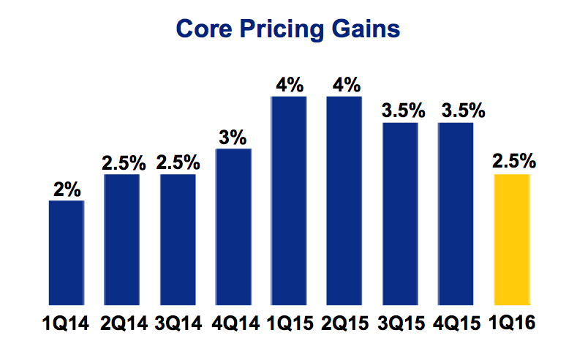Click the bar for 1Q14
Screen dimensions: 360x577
click(x=67, y=252)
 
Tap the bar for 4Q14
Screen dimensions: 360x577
click(x=233, y=227)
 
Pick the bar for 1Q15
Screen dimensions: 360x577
click(x=289, y=200)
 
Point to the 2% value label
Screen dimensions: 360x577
click(x=67, y=190)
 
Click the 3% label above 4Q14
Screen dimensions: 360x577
click(x=233, y=138)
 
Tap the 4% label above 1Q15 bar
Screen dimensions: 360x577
click(x=289, y=85)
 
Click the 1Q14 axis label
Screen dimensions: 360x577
click(x=67, y=321)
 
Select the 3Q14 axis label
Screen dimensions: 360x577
click(x=178, y=321)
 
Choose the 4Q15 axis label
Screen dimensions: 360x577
click(x=456, y=321)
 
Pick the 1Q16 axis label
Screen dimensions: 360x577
click(x=512, y=321)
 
